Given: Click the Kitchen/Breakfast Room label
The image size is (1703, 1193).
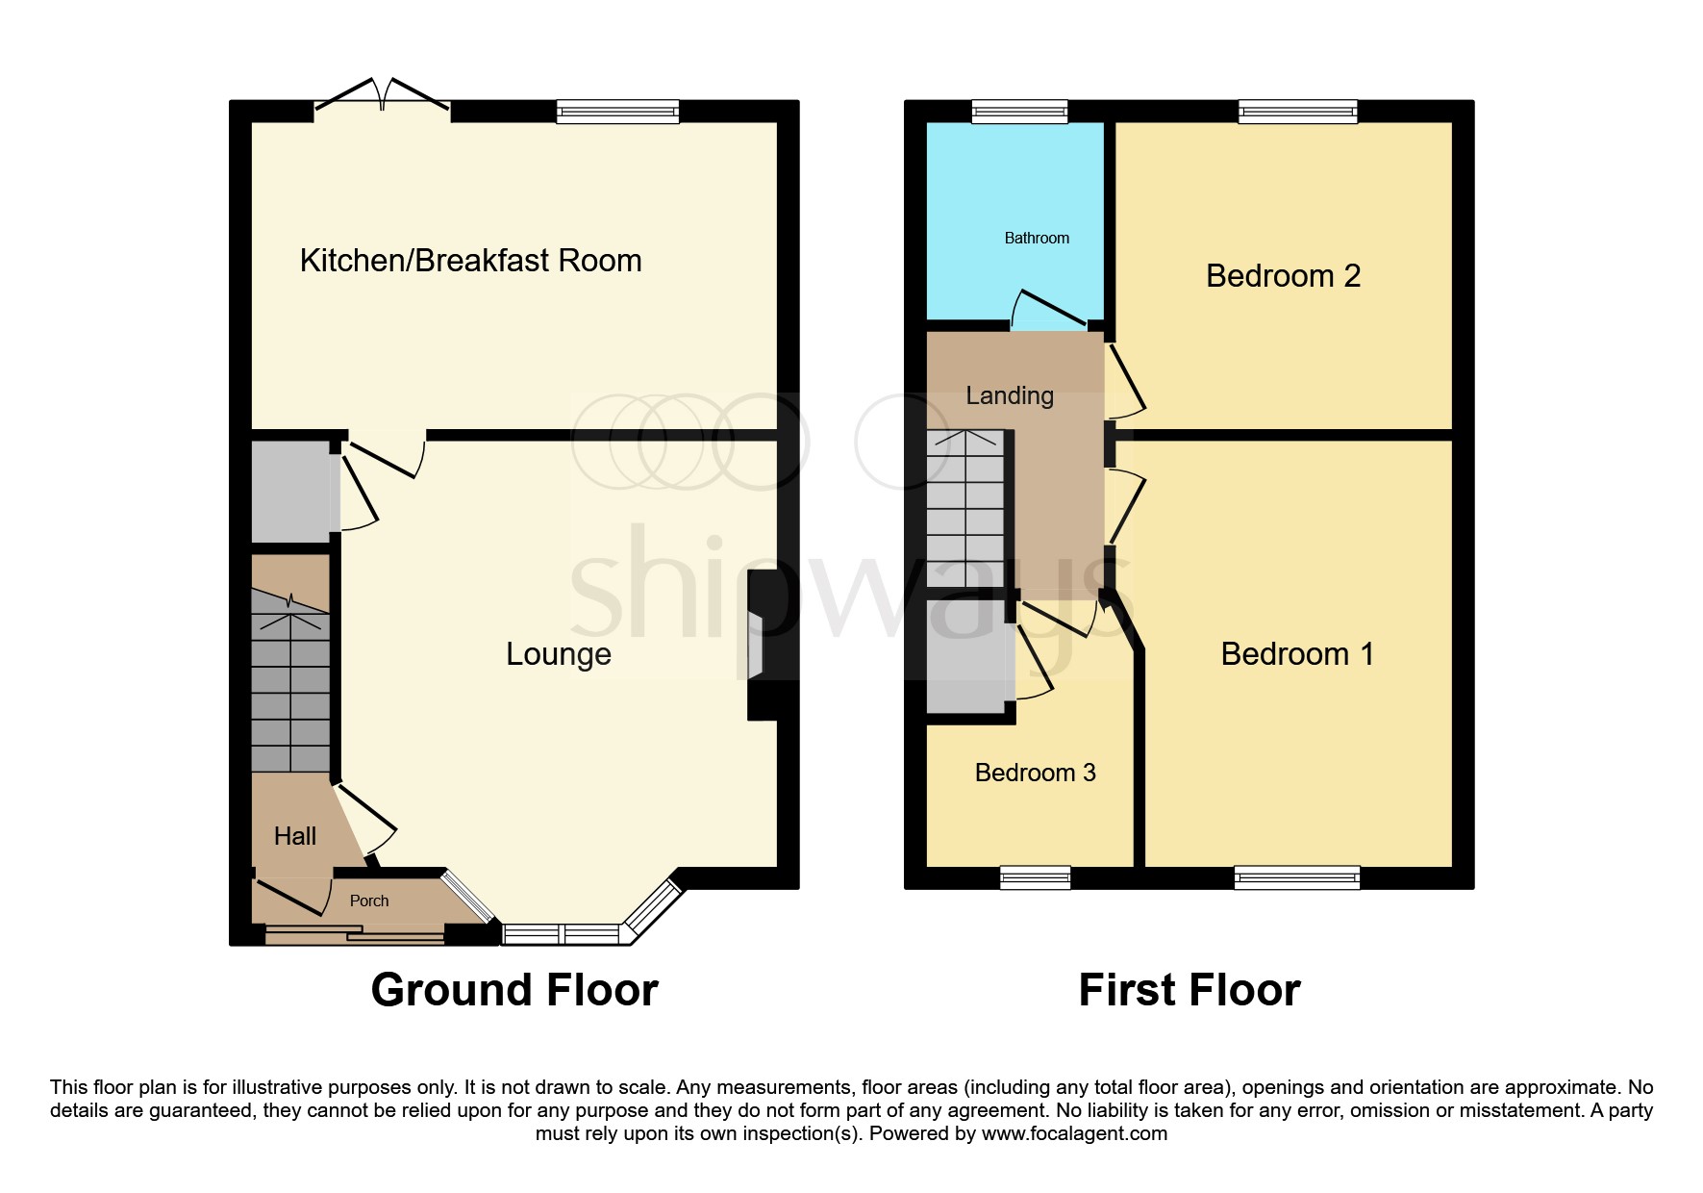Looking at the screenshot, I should (x=470, y=261).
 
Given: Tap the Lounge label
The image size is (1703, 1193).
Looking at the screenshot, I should (x=559, y=654).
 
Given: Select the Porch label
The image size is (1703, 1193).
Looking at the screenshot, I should (x=369, y=901).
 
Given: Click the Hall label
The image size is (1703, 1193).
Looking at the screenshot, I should (x=294, y=836).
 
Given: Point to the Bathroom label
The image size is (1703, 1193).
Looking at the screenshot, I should (x=1037, y=238).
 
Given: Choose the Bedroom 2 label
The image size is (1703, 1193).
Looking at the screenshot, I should (x=1283, y=276).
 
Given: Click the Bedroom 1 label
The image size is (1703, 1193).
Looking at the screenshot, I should (x=1296, y=654).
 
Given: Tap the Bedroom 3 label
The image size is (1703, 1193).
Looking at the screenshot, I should (x=1035, y=773).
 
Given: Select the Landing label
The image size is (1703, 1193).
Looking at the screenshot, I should (x=1010, y=395).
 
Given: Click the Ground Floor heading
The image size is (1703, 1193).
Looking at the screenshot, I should (x=514, y=990).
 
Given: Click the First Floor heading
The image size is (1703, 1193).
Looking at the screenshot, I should (x=1190, y=990).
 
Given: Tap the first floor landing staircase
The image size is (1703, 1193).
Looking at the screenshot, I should (x=964, y=510).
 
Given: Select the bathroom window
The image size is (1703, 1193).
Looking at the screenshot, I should (x=1019, y=112).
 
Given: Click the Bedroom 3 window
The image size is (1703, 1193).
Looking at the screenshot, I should (x=1035, y=877).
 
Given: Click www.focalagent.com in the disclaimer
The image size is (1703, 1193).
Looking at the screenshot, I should (x=1074, y=1133).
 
